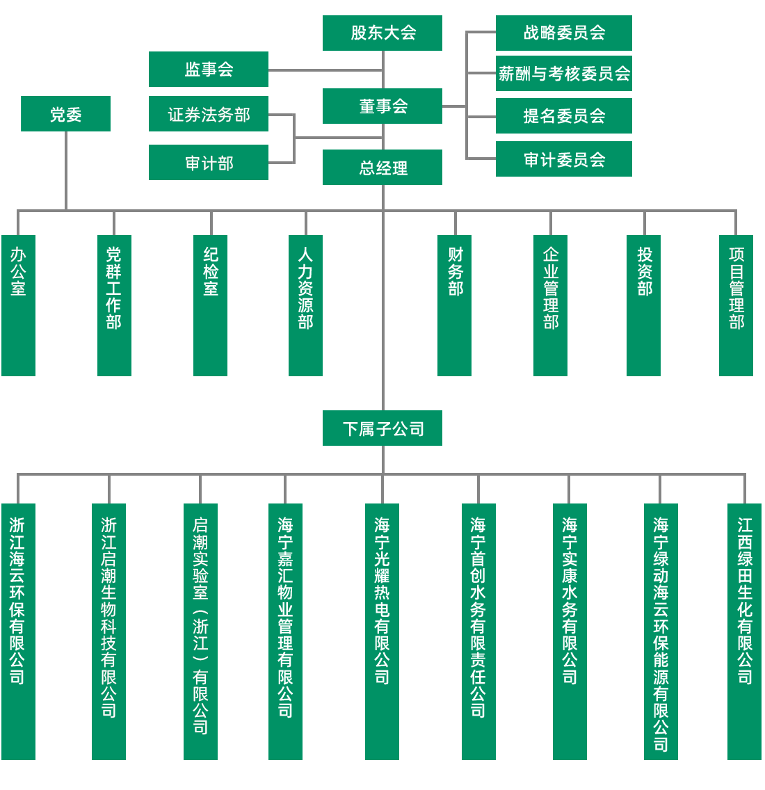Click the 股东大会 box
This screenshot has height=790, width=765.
(382, 33)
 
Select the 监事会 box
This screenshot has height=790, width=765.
(209, 69)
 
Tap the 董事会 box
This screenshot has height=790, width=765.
(382, 106)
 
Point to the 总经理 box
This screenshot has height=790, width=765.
(382, 167)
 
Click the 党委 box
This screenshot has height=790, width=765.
(65, 113)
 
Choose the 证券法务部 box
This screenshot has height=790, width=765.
(209, 114)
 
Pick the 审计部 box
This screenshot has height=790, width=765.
(209, 162)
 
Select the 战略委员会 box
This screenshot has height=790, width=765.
(563, 33)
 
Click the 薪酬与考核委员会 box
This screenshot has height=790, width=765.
(563, 73)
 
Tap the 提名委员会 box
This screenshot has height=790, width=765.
(563, 115)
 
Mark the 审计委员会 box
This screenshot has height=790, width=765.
(563, 159)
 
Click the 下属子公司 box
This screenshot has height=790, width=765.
(382, 428)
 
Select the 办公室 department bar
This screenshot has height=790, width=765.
(18, 305)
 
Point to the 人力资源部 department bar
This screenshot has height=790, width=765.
(305, 305)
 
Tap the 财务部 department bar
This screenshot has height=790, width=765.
(455, 305)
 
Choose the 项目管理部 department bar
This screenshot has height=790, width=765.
(736, 305)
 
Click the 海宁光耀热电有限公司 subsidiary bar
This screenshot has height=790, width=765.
(382, 631)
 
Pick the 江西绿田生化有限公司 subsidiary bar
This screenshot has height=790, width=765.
(744, 631)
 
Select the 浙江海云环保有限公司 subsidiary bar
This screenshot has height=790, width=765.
(18, 631)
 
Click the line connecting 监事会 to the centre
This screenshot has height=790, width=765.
(325, 70)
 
